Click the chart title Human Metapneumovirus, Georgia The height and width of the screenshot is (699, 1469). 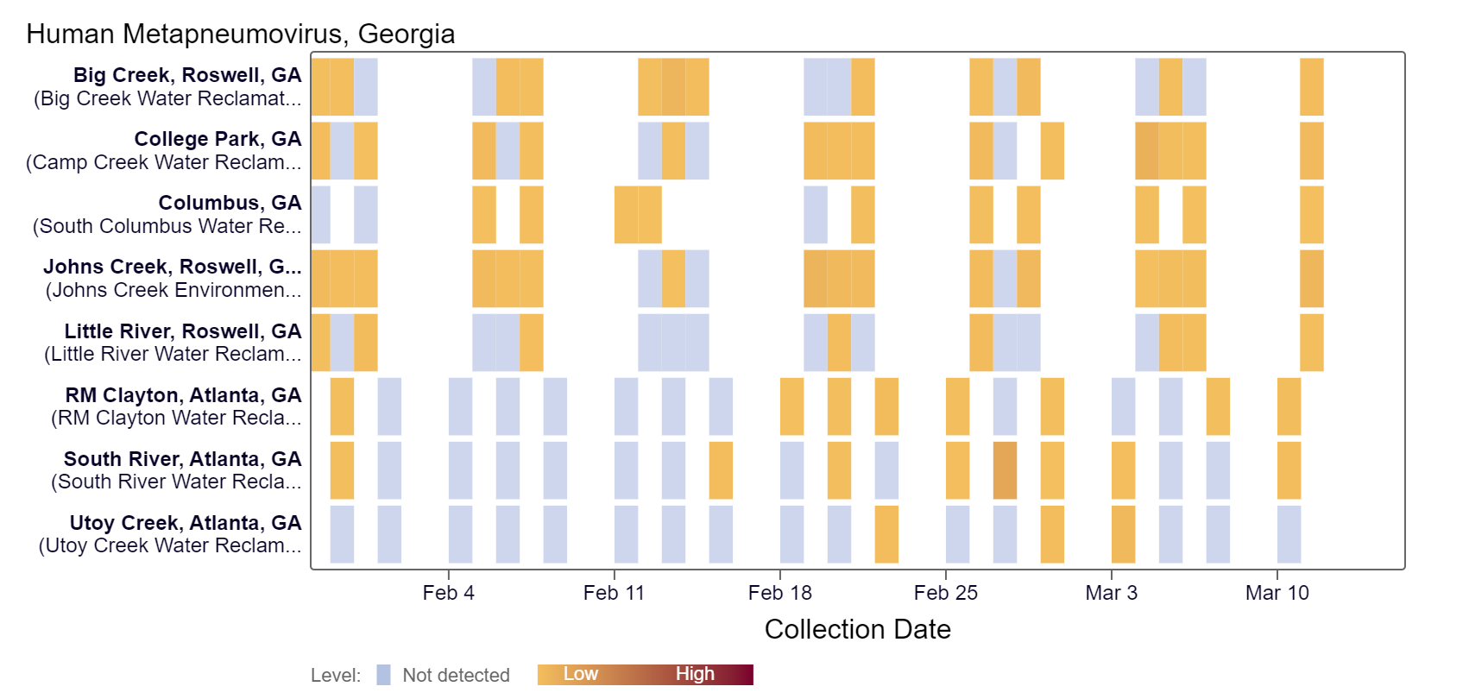pyautogui.click(x=240, y=34)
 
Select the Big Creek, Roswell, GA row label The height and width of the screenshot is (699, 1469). pyautogui.click(x=187, y=75)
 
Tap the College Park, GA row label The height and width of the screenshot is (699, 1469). pyautogui.click(x=218, y=139)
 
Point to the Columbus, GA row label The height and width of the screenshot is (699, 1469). pyautogui.click(x=230, y=203)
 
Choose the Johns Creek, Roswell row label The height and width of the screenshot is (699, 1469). pyautogui.click(x=172, y=267)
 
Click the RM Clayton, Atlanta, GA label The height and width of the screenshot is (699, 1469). pyautogui.click(x=183, y=395)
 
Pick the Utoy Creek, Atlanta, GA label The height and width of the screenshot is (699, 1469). pyautogui.click(x=186, y=523)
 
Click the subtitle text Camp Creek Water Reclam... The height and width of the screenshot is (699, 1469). pyautogui.click(x=164, y=162)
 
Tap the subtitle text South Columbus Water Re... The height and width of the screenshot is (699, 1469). pyautogui.click(x=167, y=226)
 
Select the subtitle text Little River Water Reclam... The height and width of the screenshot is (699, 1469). pyautogui.click(x=173, y=354)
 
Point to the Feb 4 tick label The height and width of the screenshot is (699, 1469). pyautogui.click(x=448, y=593)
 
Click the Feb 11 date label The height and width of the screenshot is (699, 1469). pyautogui.click(x=614, y=593)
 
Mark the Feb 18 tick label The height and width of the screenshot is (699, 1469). pyautogui.click(x=779, y=593)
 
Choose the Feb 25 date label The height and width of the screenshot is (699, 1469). pyautogui.click(x=945, y=593)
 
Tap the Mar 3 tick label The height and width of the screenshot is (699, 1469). pyautogui.click(x=1111, y=593)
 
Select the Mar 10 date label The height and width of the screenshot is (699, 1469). pyautogui.click(x=1277, y=593)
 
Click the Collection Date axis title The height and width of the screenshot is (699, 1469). pyautogui.click(x=857, y=629)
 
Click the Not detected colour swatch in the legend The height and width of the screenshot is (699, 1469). pyautogui.click(x=384, y=675)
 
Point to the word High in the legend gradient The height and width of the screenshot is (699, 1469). pyautogui.click(x=695, y=674)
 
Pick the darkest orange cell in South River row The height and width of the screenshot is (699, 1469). pyautogui.click(x=1005, y=470)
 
